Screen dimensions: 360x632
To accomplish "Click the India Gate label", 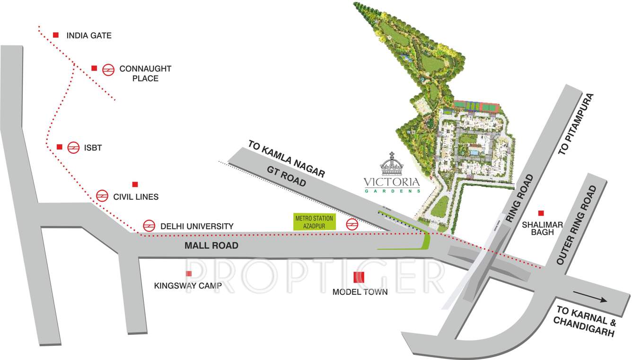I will point(89,35).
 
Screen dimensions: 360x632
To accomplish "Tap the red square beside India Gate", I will point(56,35).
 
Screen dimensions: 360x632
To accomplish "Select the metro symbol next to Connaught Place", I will point(109,70).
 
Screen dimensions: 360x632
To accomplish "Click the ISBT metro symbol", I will point(73,148).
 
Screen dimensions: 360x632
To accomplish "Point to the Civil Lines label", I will point(136,196).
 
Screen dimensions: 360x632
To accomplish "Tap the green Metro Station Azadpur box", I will point(315,222).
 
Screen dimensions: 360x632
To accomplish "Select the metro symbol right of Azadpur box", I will point(351,224).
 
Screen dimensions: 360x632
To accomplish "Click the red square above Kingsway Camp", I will point(189,273).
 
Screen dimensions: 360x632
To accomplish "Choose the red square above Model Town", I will point(359,277).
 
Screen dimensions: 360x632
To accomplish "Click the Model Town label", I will point(360,292).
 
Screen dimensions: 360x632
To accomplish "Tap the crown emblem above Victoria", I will point(392,164).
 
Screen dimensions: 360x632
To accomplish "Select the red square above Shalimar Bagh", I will point(541,213).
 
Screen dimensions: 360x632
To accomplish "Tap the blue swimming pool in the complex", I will point(474,153).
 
